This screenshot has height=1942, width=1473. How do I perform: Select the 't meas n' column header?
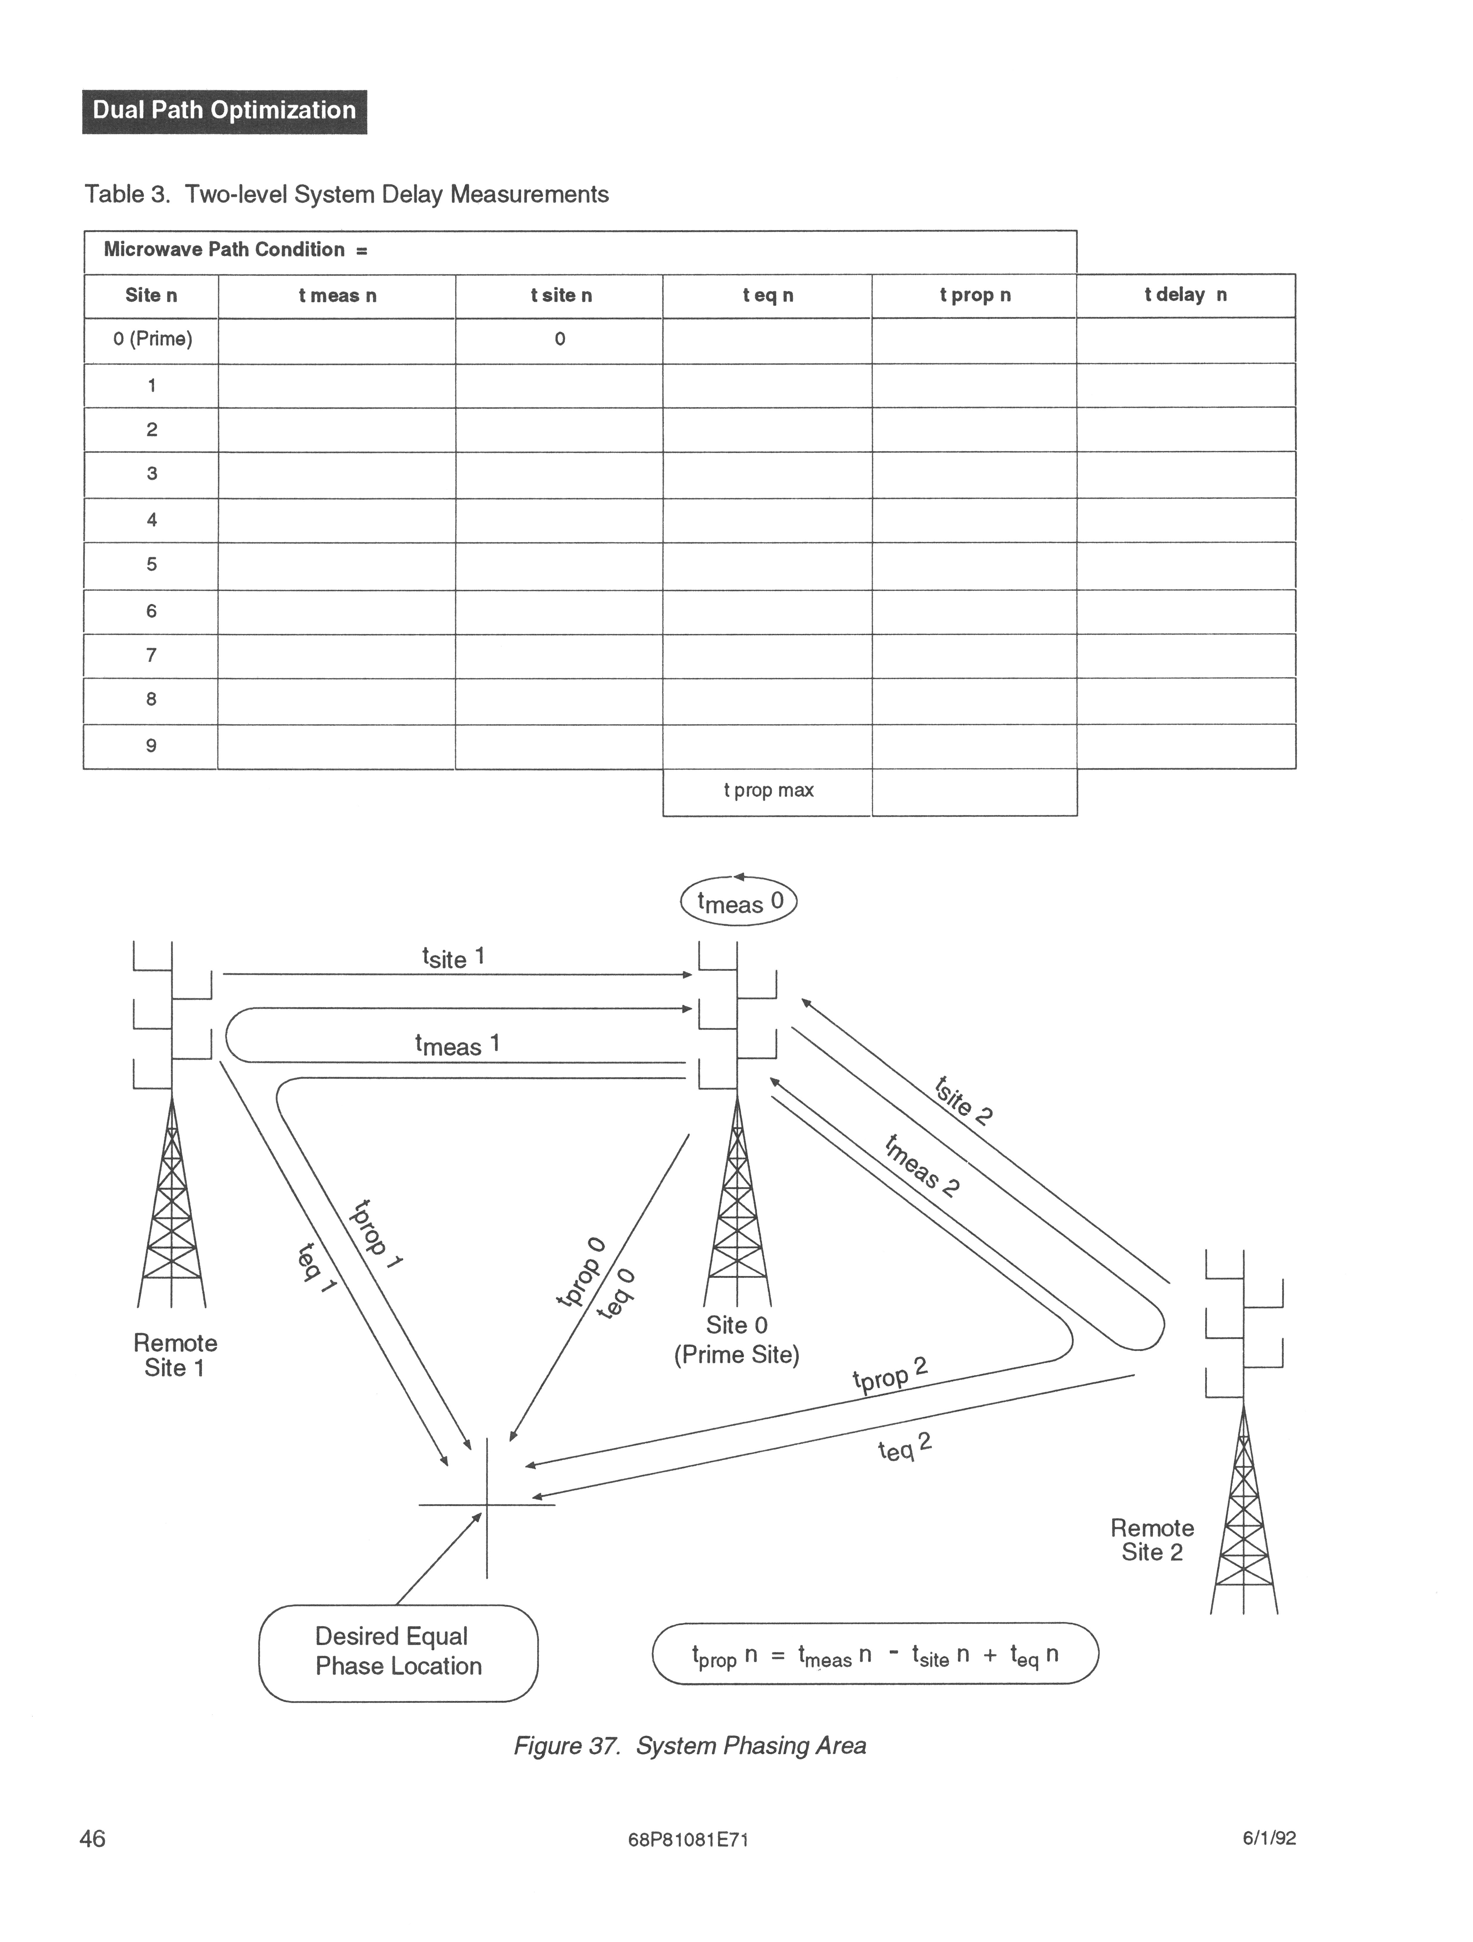tap(337, 296)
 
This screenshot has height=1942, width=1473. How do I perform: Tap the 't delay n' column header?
tap(1185, 295)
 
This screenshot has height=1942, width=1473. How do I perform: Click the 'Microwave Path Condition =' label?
tap(235, 250)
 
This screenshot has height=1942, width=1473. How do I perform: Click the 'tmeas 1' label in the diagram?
tap(457, 1045)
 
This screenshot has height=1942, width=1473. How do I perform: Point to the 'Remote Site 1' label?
tap(175, 1356)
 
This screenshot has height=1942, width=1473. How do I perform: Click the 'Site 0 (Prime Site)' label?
tap(737, 1340)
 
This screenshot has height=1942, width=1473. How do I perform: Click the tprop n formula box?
tap(875, 1654)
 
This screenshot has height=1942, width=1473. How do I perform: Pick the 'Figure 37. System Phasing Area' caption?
tap(689, 1745)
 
